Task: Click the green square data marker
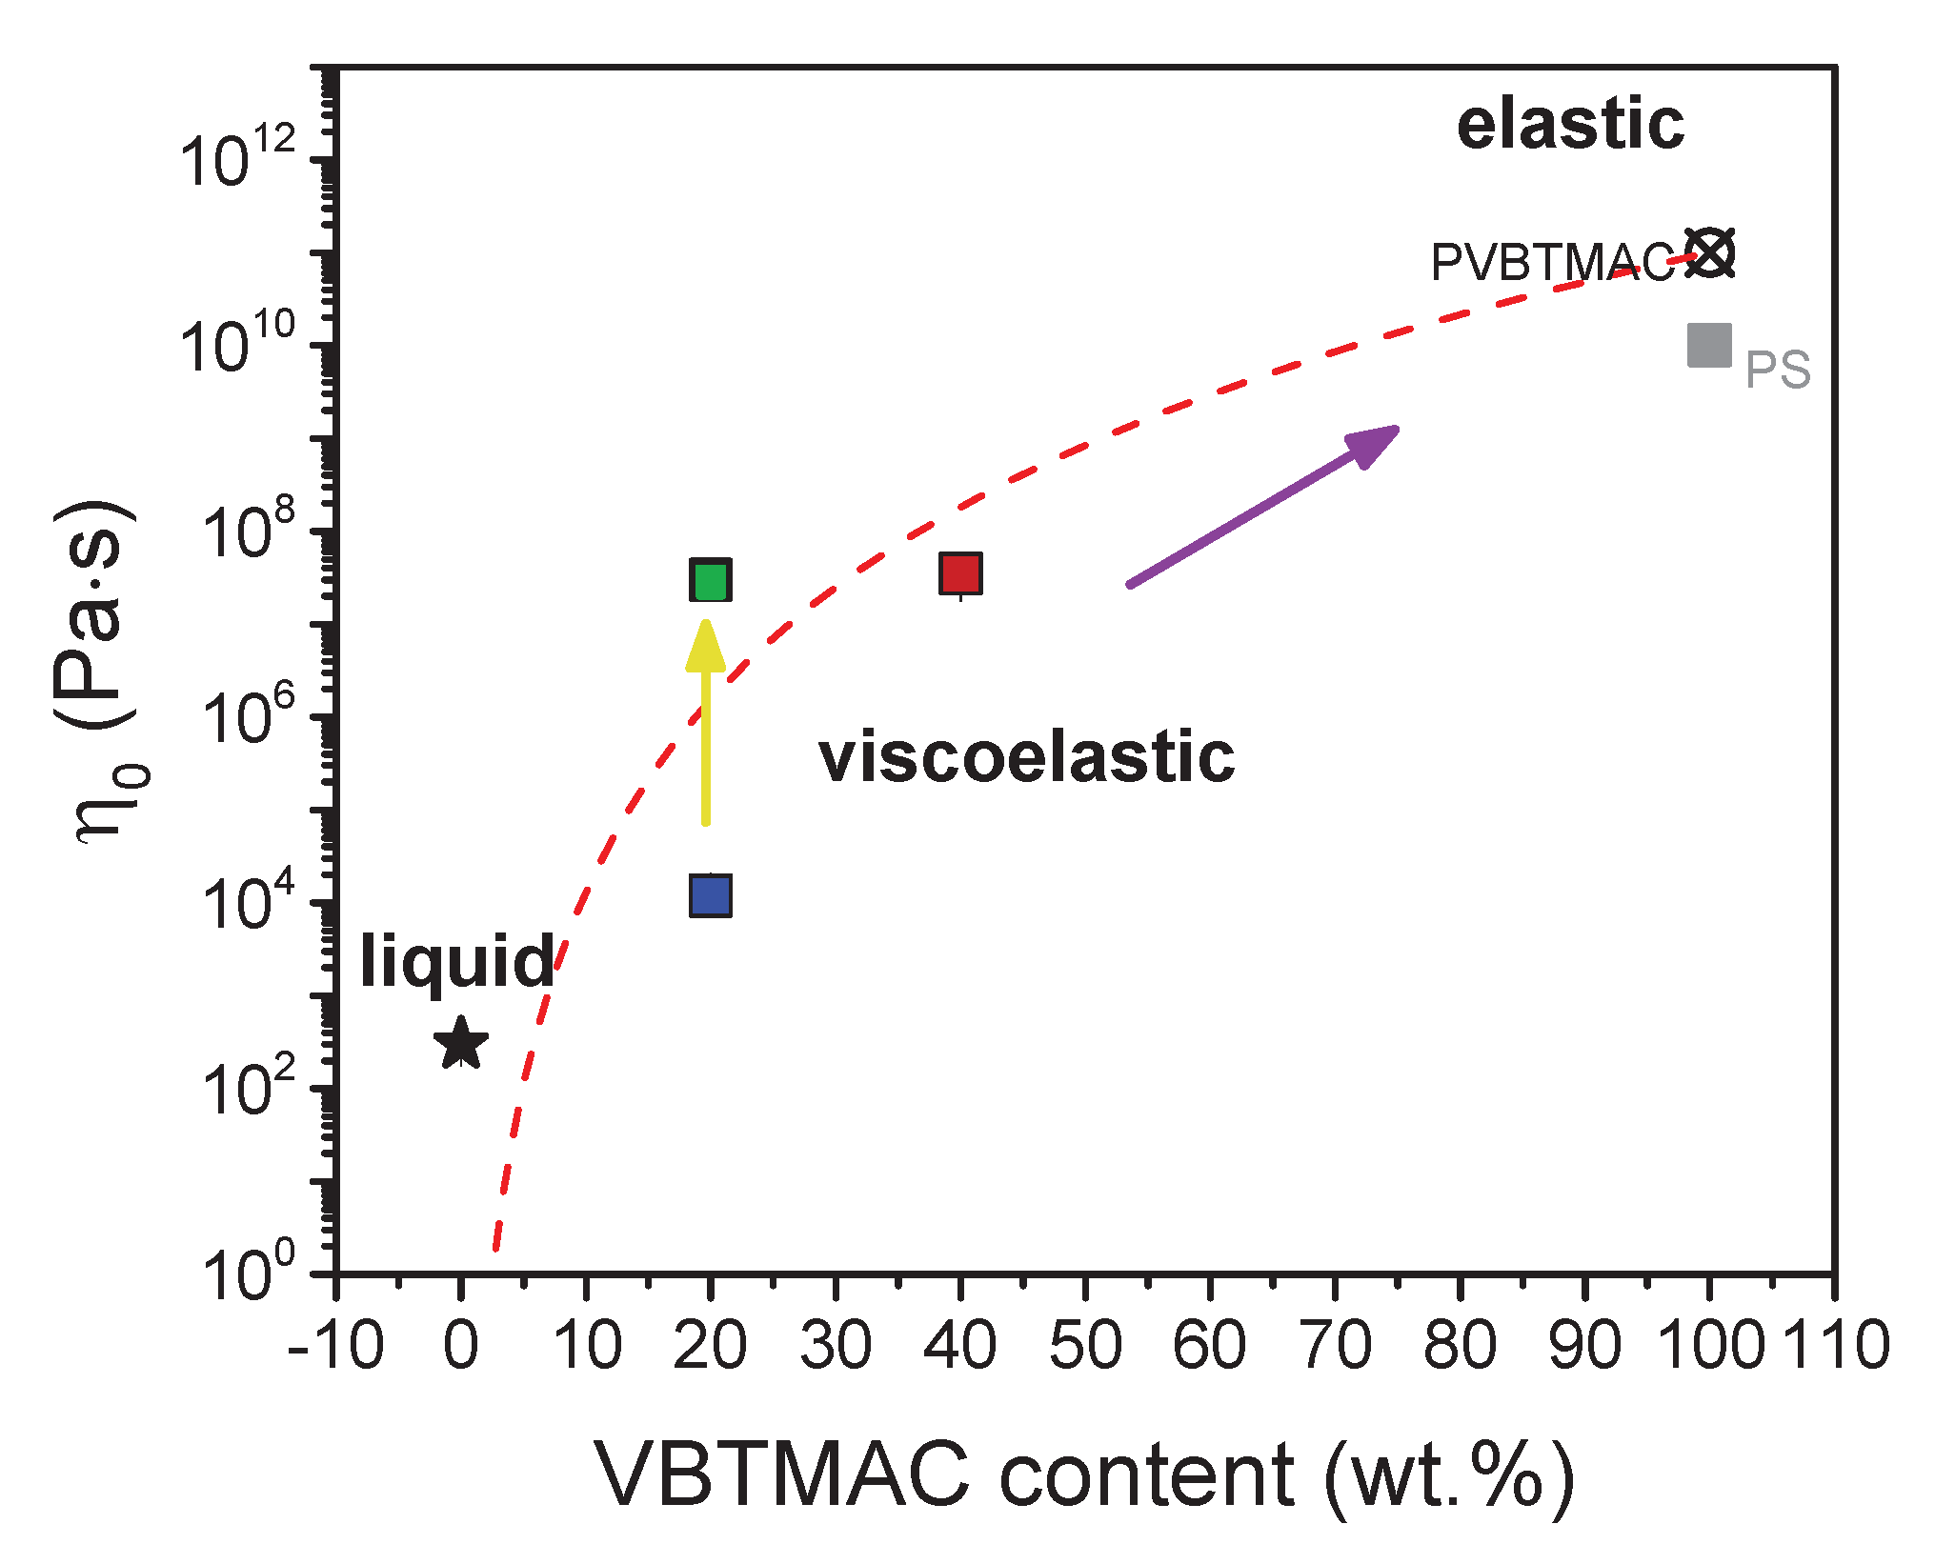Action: tap(710, 580)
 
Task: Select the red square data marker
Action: tap(960, 573)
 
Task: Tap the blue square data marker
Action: tap(710, 896)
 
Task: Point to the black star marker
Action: tap(461, 1044)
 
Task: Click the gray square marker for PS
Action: tap(1709, 346)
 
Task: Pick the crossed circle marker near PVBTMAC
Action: tap(1710, 253)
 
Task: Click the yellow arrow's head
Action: tap(706, 644)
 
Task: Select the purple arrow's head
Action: tap(1372, 444)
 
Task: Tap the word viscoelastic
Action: tap(1026, 758)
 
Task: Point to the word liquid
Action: tap(457, 962)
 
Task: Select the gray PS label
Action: tap(1777, 370)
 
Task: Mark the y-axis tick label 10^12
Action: tap(238, 157)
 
